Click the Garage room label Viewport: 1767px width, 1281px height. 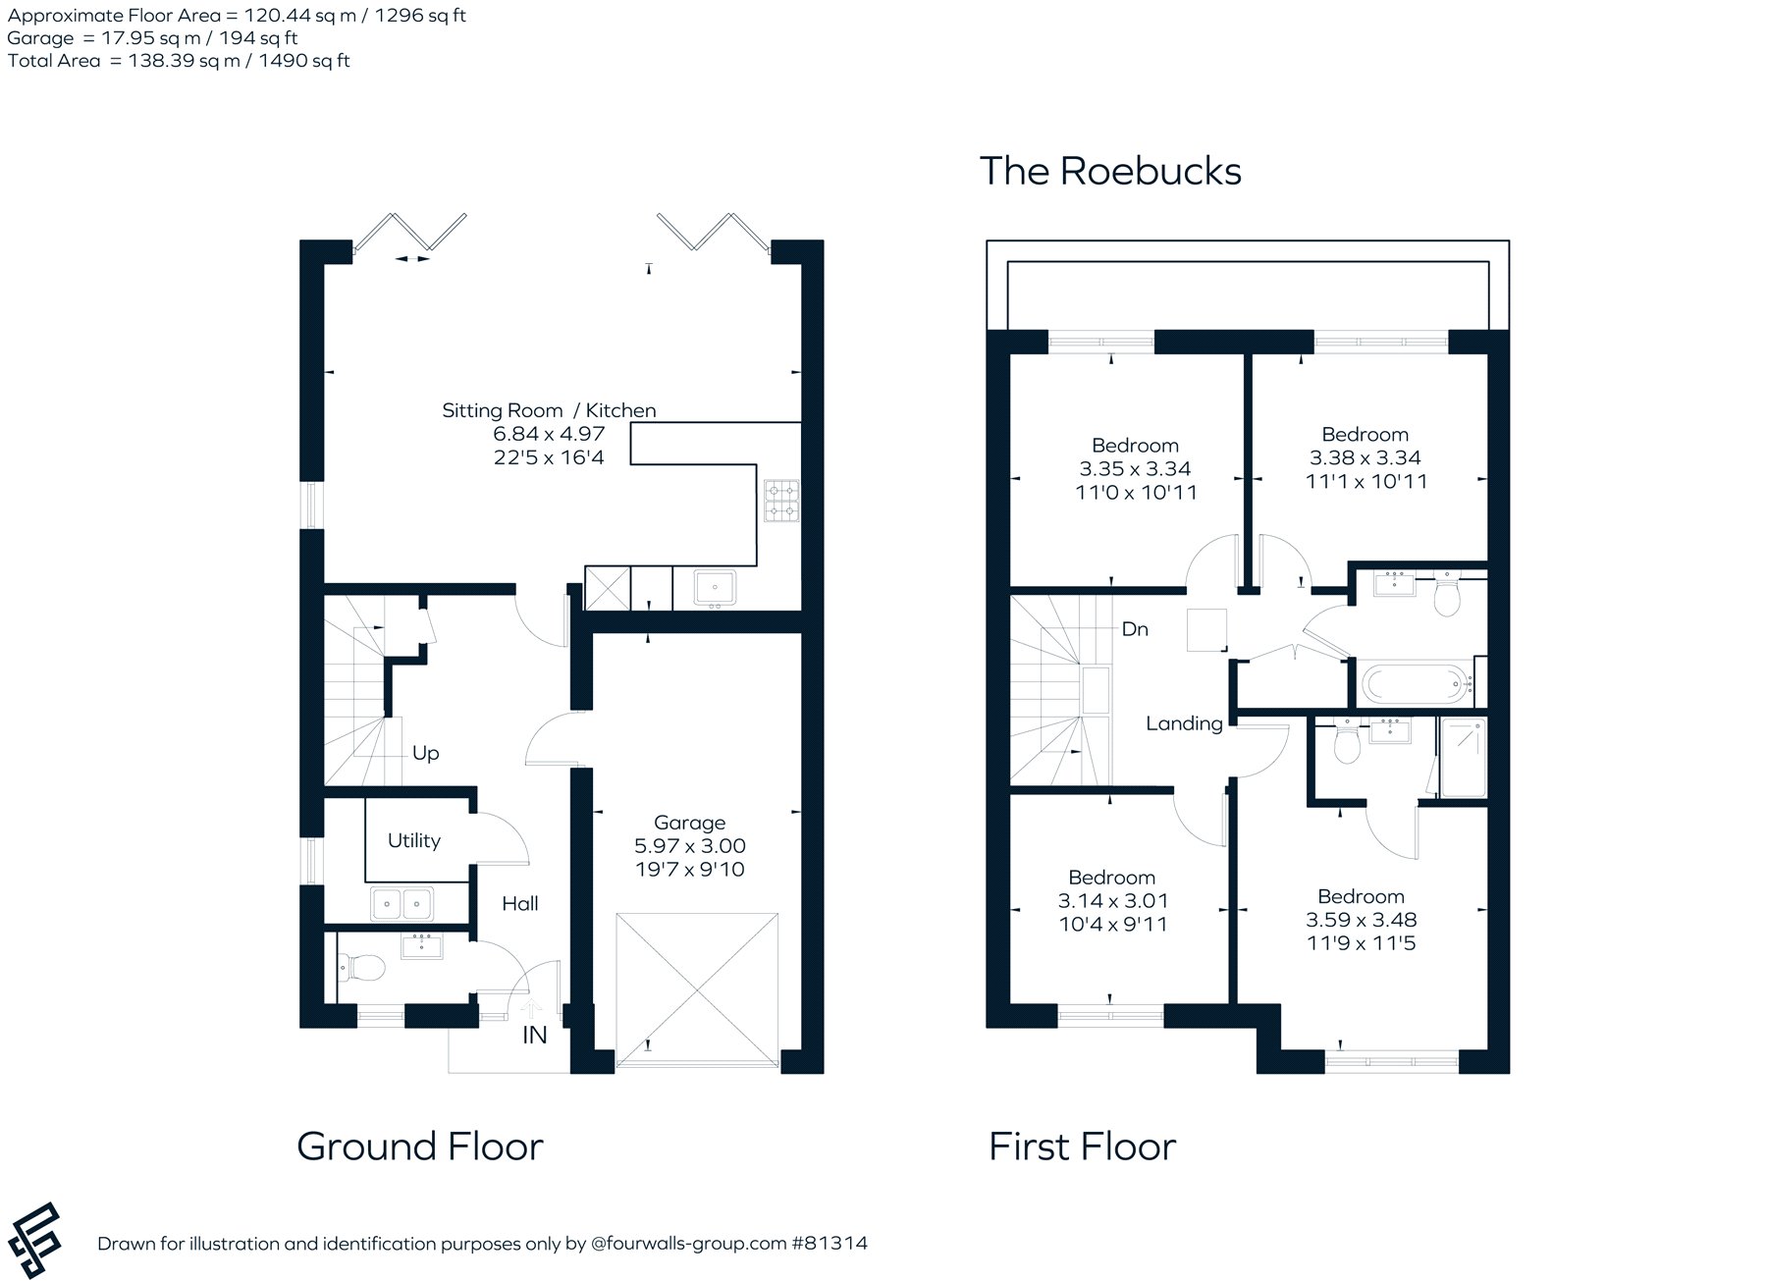(689, 823)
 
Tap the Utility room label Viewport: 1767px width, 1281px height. (413, 840)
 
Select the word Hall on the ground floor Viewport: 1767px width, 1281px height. (520, 903)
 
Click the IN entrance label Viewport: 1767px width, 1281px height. (535, 1035)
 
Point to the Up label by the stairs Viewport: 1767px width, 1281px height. (425, 753)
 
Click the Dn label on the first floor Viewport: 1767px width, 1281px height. (1135, 628)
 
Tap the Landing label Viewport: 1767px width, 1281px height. (1184, 723)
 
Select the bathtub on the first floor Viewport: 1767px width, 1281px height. (1415, 681)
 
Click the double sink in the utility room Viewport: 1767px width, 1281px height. (402, 903)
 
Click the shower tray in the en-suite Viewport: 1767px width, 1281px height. (1463, 756)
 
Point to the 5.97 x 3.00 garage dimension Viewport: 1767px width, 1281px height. (690, 846)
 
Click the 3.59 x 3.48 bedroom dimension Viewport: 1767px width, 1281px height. (1362, 920)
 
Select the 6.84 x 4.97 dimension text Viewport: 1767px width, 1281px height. (549, 434)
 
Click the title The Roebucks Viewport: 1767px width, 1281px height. (1110, 171)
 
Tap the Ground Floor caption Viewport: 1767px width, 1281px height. (420, 1147)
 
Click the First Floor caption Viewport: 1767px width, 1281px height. (1082, 1147)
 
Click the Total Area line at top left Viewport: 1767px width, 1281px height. (179, 61)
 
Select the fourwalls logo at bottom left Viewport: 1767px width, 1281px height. (33, 1241)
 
